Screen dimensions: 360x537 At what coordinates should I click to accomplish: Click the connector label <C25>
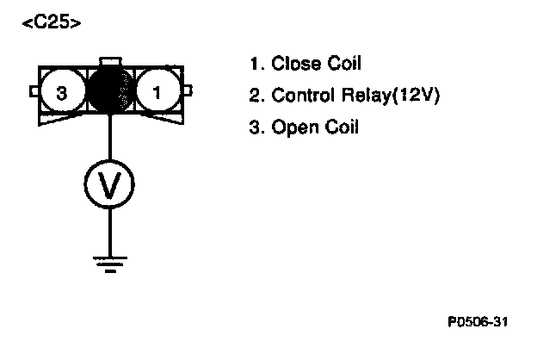[x=52, y=23]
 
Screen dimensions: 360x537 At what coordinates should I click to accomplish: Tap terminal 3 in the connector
[x=60, y=91]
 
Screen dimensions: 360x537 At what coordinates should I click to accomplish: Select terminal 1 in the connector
[x=157, y=91]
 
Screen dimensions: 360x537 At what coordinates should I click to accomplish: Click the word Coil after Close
[x=342, y=63]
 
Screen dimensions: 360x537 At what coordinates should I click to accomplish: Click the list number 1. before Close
[x=255, y=63]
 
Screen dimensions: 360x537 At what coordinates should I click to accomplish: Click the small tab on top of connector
[x=109, y=61]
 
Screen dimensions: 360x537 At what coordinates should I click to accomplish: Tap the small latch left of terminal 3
[x=33, y=90]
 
